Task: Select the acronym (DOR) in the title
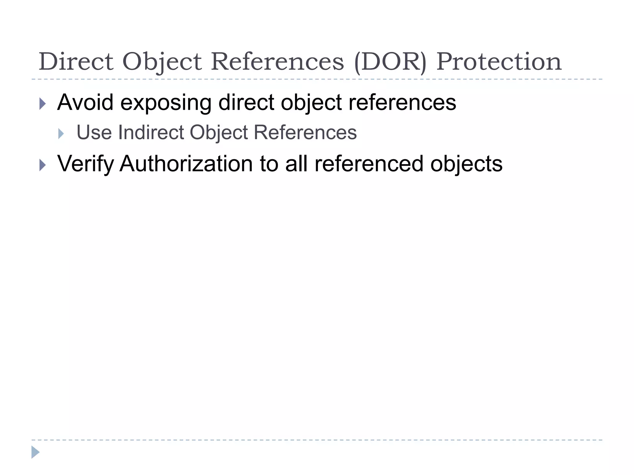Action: pos(390,62)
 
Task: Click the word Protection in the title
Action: pos(499,62)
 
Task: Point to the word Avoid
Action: pos(85,102)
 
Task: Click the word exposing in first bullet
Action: pos(166,103)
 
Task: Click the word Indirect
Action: pos(151,132)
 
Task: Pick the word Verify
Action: pos(85,164)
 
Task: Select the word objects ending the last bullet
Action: pos(466,164)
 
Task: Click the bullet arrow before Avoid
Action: pos(43,104)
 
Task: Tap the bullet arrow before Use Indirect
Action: pos(61,134)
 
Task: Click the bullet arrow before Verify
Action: pos(43,165)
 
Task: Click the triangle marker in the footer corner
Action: pos(35,452)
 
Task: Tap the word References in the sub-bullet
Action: pos(305,132)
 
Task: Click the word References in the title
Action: pos(277,62)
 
